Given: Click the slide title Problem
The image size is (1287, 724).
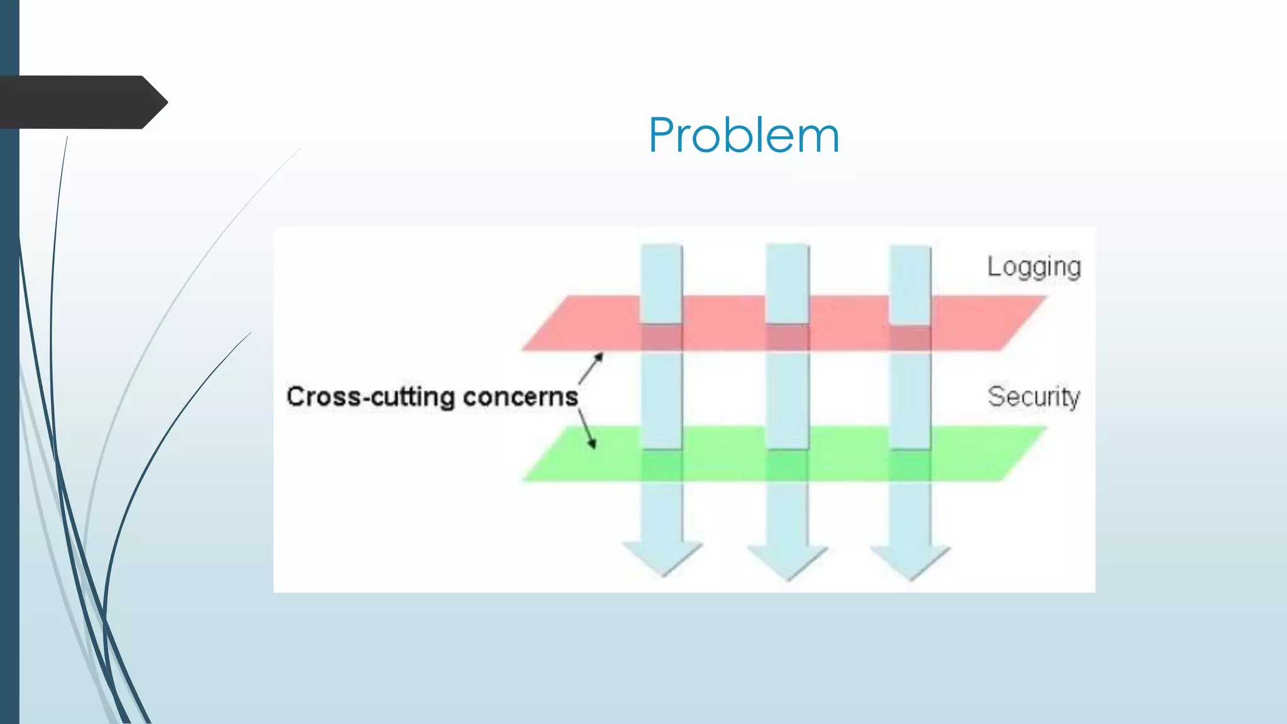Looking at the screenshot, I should [x=743, y=135].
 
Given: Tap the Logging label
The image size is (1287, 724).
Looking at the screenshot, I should [x=1034, y=267].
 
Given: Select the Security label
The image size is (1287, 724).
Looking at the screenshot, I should [x=1034, y=397].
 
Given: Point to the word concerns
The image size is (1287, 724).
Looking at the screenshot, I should [x=520, y=397].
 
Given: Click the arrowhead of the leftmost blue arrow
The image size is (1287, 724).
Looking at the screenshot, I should [x=662, y=557].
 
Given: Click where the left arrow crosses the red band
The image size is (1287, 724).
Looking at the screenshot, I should [x=662, y=337].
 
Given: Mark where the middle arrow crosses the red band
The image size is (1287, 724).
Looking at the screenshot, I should [x=787, y=337].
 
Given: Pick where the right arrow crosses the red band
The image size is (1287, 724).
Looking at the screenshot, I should [x=910, y=337].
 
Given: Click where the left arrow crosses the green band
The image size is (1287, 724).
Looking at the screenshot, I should [x=662, y=465].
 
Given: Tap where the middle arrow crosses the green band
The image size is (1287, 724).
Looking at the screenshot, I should [x=787, y=465].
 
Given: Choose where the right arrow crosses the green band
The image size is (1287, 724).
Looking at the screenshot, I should [x=910, y=465].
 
